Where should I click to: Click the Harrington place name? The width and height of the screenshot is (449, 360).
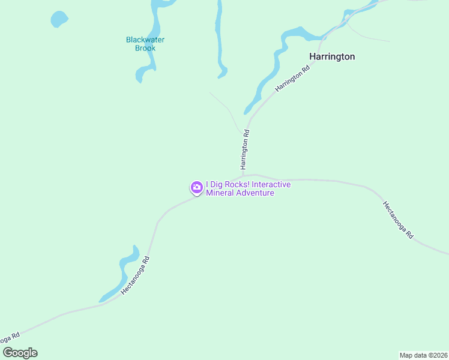331,56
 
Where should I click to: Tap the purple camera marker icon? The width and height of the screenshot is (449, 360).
196,188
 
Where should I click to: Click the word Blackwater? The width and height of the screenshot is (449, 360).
145,40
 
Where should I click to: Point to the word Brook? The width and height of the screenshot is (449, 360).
145,48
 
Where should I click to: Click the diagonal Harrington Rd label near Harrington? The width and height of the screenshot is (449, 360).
292,79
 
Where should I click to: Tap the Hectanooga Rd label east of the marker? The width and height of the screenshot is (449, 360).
398,220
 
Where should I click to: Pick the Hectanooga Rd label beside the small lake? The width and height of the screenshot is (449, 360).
135,275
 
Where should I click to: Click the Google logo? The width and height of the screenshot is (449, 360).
20,353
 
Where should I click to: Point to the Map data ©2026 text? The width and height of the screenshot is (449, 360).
423,355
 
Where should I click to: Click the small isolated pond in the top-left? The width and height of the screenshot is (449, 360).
59,19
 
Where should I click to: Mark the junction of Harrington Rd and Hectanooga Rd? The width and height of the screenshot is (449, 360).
244,176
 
